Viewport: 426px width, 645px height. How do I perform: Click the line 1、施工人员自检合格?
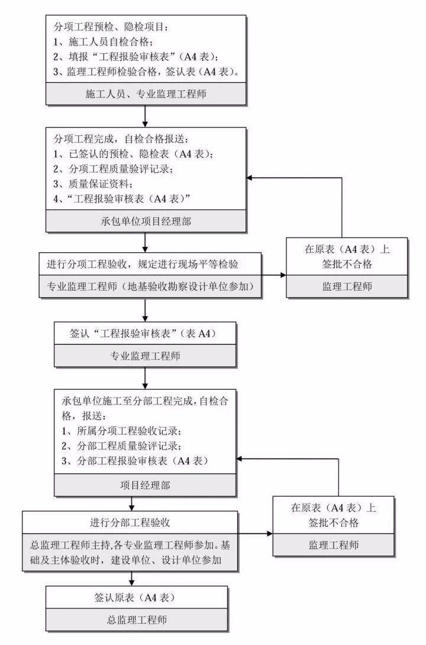pyautogui.click(x=104, y=42)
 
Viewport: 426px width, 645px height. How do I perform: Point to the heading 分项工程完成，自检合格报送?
pyautogui.click(x=121, y=139)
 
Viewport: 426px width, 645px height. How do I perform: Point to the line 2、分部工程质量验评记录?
pyautogui.click(x=121, y=445)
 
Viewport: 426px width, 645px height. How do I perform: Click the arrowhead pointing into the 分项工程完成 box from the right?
pyautogui.click(x=252, y=178)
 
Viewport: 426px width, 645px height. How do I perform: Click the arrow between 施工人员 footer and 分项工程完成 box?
pyautogui.click(x=145, y=116)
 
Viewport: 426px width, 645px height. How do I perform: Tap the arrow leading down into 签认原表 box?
pyautogui.click(x=131, y=578)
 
